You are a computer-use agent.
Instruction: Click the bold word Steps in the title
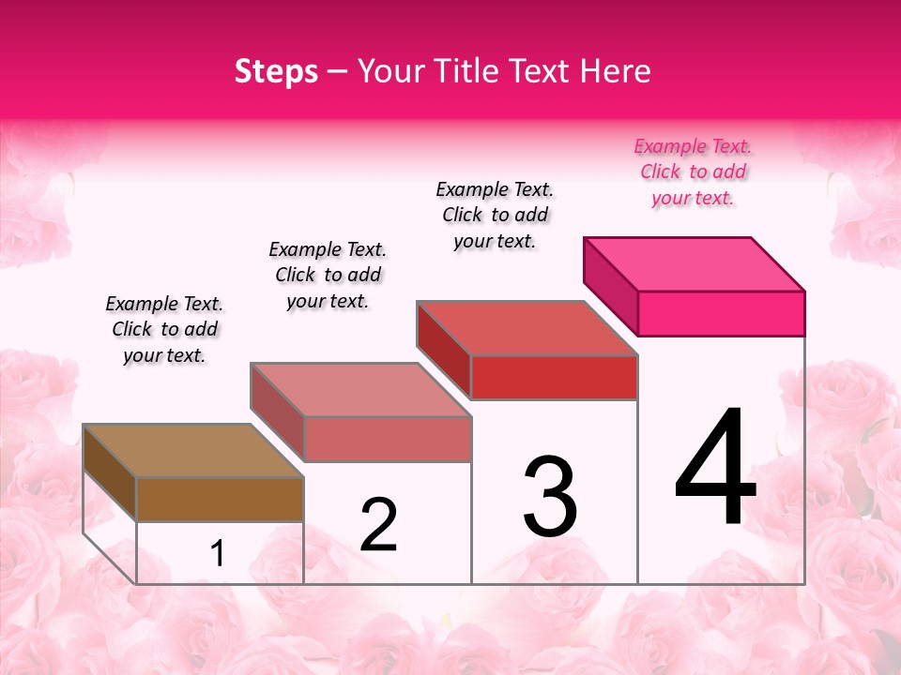click(x=276, y=71)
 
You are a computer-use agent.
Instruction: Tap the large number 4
click(x=715, y=468)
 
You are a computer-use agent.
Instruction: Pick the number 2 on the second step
click(x=378, y=525)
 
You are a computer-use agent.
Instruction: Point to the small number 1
click(x=217, y=554)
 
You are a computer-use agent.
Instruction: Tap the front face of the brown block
click(x=220, y=499)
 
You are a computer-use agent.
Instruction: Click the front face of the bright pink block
click(x=721, y=313)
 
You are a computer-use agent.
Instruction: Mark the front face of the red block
click(x=554, y=378)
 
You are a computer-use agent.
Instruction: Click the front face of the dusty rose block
click(x=387, y=440)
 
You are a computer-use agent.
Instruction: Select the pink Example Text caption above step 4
click(x=693, y=172)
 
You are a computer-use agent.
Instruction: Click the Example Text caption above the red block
click(x=495, y=215)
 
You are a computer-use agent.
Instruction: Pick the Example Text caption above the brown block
click(x=164, y=329)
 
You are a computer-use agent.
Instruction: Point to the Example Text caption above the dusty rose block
click(x=328, y=275)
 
